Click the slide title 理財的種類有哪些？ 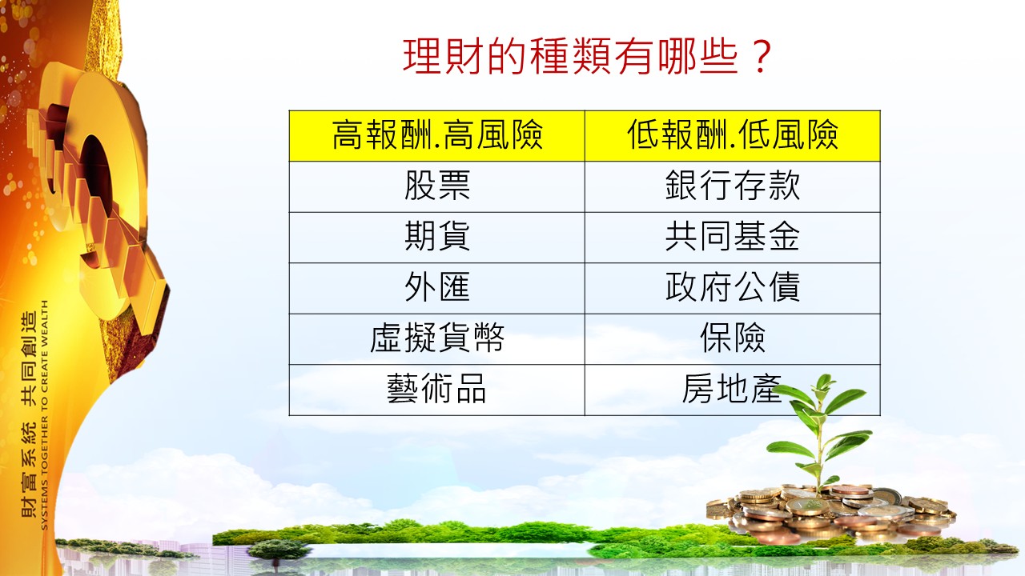(x=587, y=57)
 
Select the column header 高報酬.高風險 (x=437, y=136)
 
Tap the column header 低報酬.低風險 (x=733, y=136)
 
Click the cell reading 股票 (x=437, y=186)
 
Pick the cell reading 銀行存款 (x=733, y=186)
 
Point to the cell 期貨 (x=437, y=238)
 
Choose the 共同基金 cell (x=733, y=238)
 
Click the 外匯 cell (x=437, y=288)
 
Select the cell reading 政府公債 (x=733, y=288)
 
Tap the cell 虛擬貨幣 (x=437, y=338)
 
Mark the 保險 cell (x=733, y=338)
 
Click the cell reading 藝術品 (x=437, y=390)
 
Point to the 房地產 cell (x=733, y=390)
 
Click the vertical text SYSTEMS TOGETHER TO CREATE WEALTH (x=44, y=415)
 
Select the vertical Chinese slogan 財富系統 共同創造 (x=28, y=414)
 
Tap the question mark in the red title (x=761, y=57)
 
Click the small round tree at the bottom (x=278, y=551)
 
